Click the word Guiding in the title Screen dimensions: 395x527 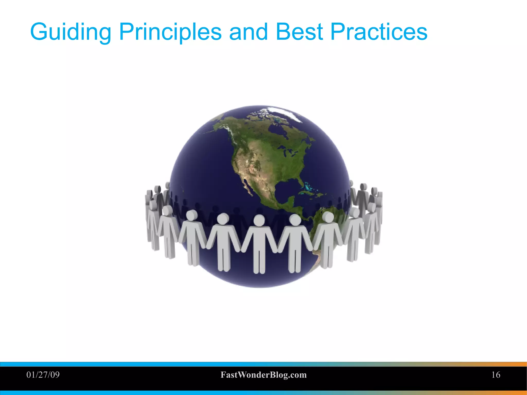(x=71, y=32)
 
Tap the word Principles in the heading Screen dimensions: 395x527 (x=170, y=32)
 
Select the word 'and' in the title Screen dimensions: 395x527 (x=248, y=32)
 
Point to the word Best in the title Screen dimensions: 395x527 (x=299, y=32)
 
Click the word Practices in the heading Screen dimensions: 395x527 (x=379, y=32)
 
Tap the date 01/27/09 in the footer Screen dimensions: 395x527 (x=43, y=375)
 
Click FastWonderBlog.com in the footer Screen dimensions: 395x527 (x=263, y=375)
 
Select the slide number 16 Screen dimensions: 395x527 (x=496, y=375)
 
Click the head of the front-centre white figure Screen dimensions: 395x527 (x=259, y=220)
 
